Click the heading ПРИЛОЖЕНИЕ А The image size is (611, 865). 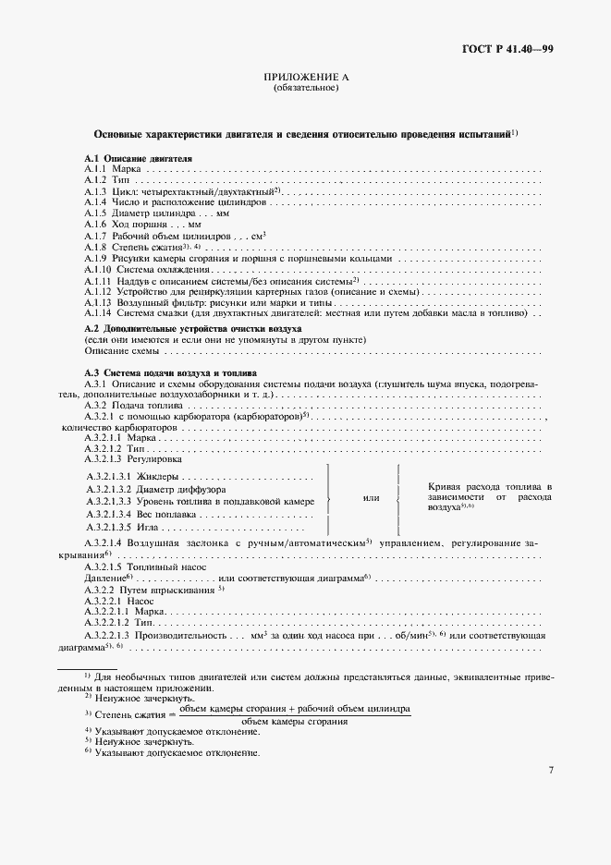click(x=306, y=79)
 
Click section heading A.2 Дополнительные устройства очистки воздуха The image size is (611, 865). click(x=194, y=329)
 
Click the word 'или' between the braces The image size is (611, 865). click(x=372, y=498)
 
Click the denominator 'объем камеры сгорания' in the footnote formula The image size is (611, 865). click(x=295, y=721)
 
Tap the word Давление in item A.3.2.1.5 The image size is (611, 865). click(x=104, y=577)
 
